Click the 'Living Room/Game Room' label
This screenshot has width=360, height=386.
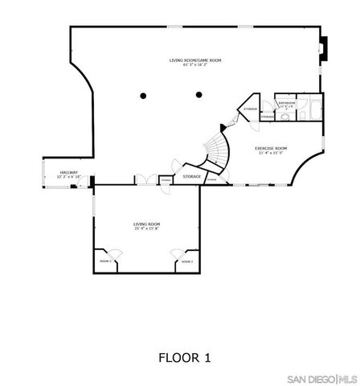pos(195,60)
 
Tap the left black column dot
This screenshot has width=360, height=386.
pos(143,96)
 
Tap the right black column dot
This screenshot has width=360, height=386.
pos(197,96)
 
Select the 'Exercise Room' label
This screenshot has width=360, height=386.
pos(271,149)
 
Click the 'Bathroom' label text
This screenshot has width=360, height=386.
pos(288,103)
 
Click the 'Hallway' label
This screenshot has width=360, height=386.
pos(68,173)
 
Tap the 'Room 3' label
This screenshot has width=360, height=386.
pos(105,261)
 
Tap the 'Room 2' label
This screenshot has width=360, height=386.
pos(186,261)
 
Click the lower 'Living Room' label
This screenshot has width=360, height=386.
pos(147,224)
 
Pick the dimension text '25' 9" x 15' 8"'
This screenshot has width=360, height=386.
pos(147,230)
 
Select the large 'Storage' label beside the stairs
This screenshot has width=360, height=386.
pos(191,176)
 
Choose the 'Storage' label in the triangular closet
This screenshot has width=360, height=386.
pos(250,109)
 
